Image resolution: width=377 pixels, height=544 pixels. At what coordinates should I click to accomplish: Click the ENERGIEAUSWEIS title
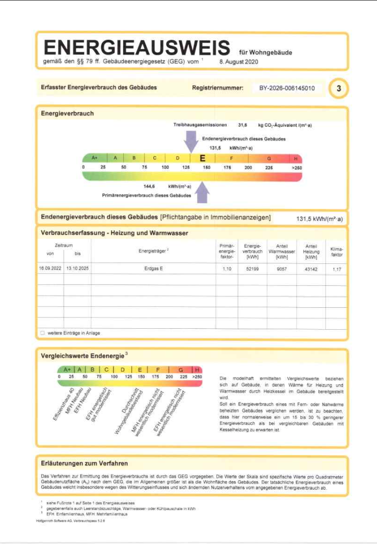pos(136,48)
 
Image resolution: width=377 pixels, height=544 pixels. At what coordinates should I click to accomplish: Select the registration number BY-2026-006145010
pos(287,88)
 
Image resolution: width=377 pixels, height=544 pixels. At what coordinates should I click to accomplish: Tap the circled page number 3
pos(339,89)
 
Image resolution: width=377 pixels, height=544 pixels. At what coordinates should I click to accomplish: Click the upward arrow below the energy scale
pos(202,193)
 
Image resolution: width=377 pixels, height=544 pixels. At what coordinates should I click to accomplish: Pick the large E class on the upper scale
pos(203,158)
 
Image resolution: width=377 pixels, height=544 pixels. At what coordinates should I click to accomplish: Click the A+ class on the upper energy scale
pos(95,158)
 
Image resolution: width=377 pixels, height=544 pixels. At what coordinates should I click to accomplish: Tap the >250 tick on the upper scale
pos(297,168)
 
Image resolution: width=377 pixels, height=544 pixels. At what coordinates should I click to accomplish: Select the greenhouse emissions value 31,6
pos(243,126)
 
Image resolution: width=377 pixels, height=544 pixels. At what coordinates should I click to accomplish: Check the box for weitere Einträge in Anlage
pos(42,333)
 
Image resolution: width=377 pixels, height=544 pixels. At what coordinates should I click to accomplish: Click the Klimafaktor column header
pos(337,251)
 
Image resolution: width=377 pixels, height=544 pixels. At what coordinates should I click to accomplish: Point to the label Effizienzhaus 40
pos(63,402)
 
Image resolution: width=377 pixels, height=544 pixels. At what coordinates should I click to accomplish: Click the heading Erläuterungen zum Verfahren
pos(84,463)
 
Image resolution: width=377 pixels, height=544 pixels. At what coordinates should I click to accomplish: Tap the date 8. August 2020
pos(238,61)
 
